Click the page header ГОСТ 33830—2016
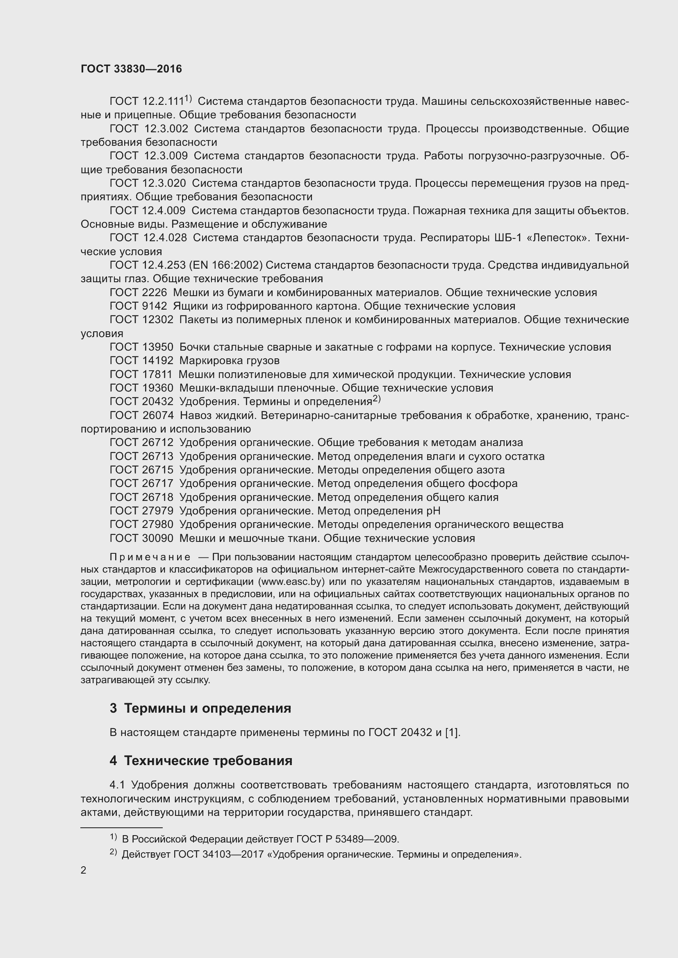click(x=131, y=69)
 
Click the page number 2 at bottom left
click(x=84, y=870)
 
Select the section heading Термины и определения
click(x=207, y=708)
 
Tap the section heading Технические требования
click(x=208, y=761)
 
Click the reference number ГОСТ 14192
click(x=141, y=360)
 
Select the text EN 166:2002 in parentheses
click(x=226, y=265)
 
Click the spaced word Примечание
click(x=150, y=557)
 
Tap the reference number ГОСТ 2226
click(x=138, y=292)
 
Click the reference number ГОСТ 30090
click(x=141, y=538)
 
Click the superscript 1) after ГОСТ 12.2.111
click(x=188, y=99)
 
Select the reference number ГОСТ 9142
click(x=138, y=306)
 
